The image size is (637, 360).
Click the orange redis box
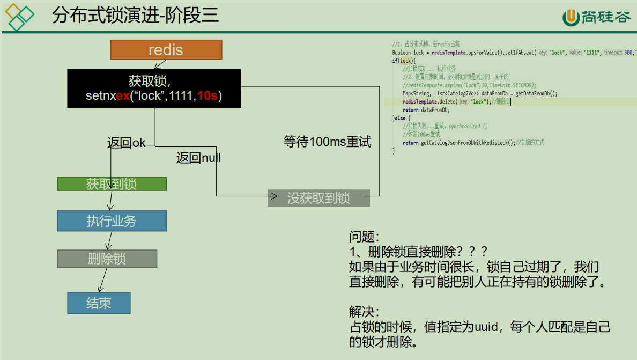point(166,50)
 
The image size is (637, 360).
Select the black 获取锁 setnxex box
point(154,88)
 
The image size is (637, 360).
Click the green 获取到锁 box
point(112,184)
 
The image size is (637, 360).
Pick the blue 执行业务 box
point(112,221)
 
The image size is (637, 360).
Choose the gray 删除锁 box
point(107,259)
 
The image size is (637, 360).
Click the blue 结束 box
point(99,303)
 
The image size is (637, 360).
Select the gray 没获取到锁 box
point(318,198)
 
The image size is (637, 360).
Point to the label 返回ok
point(127,143)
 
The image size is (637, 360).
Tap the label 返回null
point(198,158)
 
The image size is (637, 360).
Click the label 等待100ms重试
point(327,142)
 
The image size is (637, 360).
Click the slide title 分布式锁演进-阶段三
point(135,16)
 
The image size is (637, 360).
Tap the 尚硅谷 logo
point(596,17)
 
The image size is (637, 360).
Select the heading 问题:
point(364,237)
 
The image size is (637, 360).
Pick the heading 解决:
point(364,312)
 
